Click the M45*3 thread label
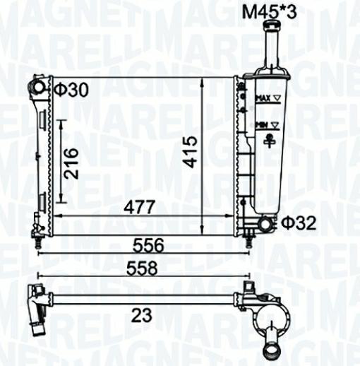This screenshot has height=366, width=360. [268, 11]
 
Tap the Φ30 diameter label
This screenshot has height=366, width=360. [72, 90]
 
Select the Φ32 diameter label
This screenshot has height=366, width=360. [299, 223]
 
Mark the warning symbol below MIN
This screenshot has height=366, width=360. [268, 141]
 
